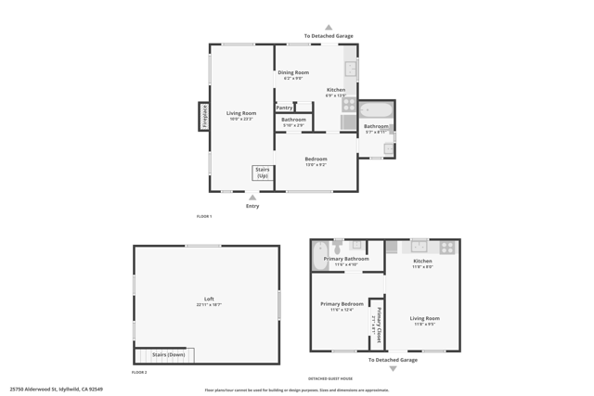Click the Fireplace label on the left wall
coord(204,116)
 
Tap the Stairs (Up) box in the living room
coord(263,172)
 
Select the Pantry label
coord(284,108)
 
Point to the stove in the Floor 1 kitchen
coord(349,105)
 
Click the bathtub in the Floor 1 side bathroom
coord(376,109)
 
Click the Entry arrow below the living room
coord(252,198)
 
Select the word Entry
coord(252,206)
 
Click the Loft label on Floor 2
coord(209,299)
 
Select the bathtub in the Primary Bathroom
coord(320,255)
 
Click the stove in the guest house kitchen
coord(447,248)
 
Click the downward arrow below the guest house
coord(393,368)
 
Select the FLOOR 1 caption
coord(204,216)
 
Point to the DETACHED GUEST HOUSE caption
coord(330,378)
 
